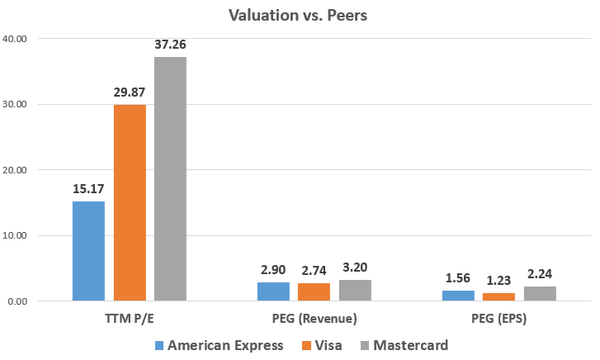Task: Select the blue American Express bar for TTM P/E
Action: pos(88,251)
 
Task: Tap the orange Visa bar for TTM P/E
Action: pos(130,202)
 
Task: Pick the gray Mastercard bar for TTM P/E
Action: pos(170,178)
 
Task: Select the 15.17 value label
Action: pos(88,189)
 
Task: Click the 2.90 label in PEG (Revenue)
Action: pos(273,270)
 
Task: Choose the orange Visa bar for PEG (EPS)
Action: pos(499,297)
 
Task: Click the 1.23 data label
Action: pos(499,281)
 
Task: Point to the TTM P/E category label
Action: pos(130,317)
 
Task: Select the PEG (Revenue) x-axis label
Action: pos(314,317)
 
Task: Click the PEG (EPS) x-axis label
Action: pos(499,317)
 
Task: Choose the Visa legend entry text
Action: pos(327,345)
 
